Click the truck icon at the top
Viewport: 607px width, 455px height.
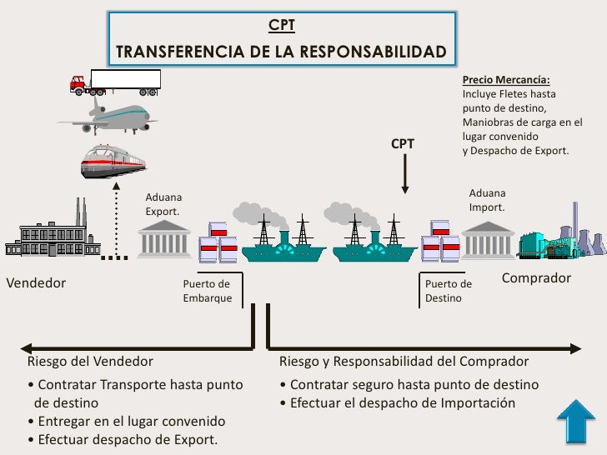114,81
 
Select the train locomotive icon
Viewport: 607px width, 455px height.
113,161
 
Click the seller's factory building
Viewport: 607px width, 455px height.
53,232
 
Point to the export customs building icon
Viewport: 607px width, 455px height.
163,241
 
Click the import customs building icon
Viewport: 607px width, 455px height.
488,241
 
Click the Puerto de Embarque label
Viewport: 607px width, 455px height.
207,291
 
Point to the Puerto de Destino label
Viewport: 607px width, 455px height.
448,290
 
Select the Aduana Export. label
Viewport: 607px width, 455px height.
163,204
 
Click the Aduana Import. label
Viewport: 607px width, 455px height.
487,199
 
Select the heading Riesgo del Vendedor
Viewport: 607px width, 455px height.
90,362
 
